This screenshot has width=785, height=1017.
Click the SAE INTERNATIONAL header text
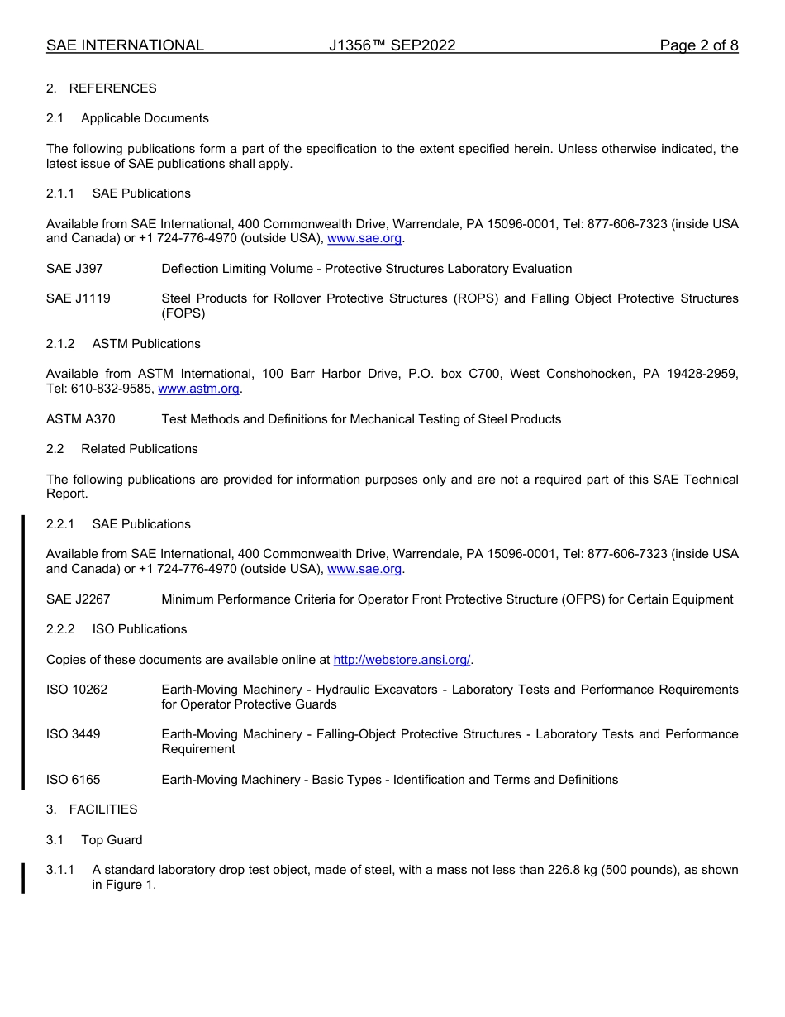(125, 45)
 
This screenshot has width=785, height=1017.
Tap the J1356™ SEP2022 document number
(392, 45)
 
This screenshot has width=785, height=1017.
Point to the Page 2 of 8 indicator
(698, 45)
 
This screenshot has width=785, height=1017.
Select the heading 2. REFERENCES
(101, 88)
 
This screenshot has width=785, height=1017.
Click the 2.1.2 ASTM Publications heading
(123, 344)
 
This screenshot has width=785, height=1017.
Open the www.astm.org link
(198, 389)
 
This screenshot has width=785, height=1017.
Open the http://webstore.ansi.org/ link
(402, 660)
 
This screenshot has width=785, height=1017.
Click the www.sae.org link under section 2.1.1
(364, 238)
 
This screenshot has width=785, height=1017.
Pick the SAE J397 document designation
(74, 269)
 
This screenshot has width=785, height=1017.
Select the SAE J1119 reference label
(78, 298)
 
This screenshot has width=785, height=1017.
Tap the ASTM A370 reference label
(81, 419)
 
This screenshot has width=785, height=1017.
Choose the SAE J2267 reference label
(78, 599)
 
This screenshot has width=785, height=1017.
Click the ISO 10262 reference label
(77, 690)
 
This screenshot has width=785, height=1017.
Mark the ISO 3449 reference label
(74, 734)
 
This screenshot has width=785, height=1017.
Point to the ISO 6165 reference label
(74, 780)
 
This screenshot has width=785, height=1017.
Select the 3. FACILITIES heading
(92, 809)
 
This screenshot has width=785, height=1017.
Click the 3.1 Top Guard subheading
(94, 840)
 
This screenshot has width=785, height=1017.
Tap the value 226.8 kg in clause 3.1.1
(574, 870)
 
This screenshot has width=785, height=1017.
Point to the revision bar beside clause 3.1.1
(23, 877)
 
